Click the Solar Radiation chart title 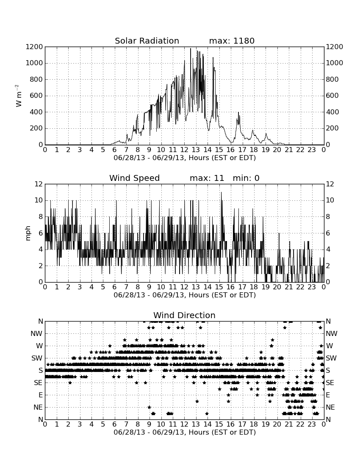coord(147,41)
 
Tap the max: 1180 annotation coord(232,41)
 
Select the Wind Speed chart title coord(135,178)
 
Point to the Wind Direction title coord(184,315)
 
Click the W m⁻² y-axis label coord(18,96)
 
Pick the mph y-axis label coord(28,233)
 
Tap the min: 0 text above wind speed coord(246,178)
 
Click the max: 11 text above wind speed coord(207,178)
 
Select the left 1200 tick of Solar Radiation coord(34,47)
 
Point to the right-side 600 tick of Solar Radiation coord(332,96)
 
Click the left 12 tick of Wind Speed coord(39,184)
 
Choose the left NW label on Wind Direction coord(36,334)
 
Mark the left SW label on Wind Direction coord(37,358)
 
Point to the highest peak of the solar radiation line coord(191,48)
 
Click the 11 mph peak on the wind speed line coord(221,192)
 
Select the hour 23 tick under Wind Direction coord(312,424)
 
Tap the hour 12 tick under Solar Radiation coord(184,150)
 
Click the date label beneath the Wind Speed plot coord(185,295)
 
